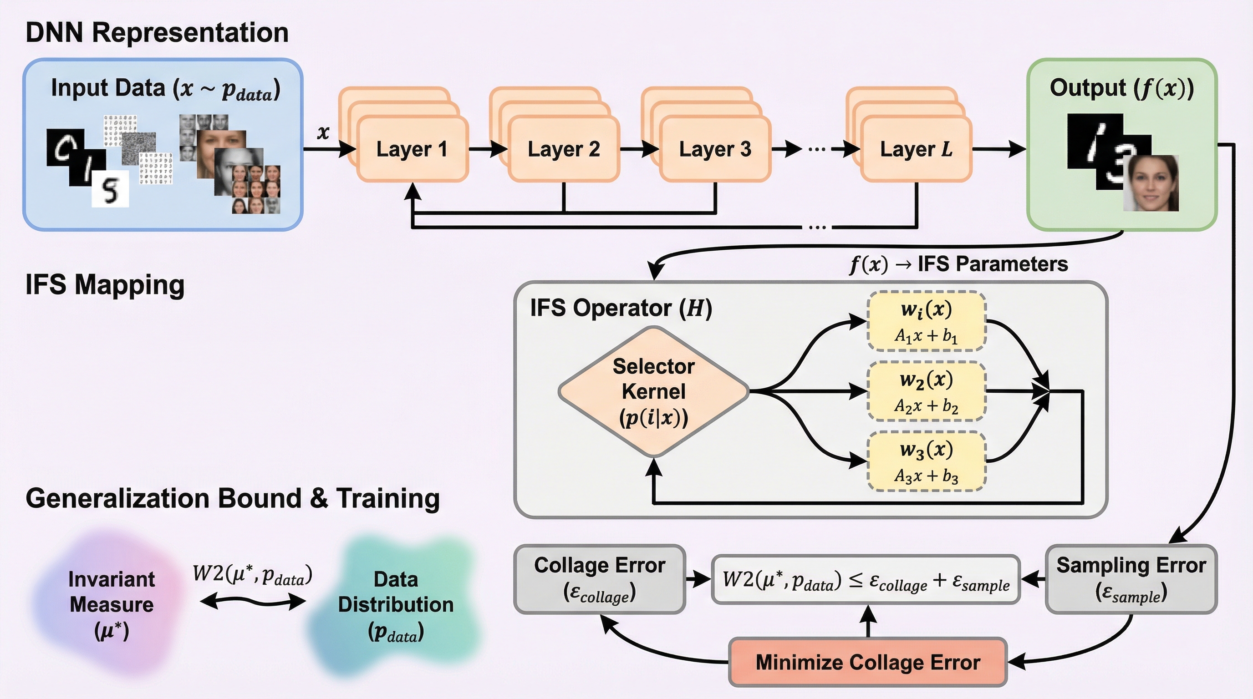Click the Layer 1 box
tap(412, 149)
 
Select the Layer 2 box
tap(563, 149)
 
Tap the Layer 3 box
tap(715, 149)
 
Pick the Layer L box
tap(916, 149)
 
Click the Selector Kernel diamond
tap(653, 391)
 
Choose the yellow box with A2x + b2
tap(926, 391)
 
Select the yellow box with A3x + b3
tap(926, 461)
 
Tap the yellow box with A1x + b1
tap(926, 321)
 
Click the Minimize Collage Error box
tap(868, 662)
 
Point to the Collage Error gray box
tap(599, 579)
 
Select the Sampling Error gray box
tap(1131, 579)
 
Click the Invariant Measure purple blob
tap(111, 604)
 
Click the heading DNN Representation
tap(157, 33)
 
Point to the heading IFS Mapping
tap(105, 284)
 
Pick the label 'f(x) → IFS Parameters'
tap(958, 264)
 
